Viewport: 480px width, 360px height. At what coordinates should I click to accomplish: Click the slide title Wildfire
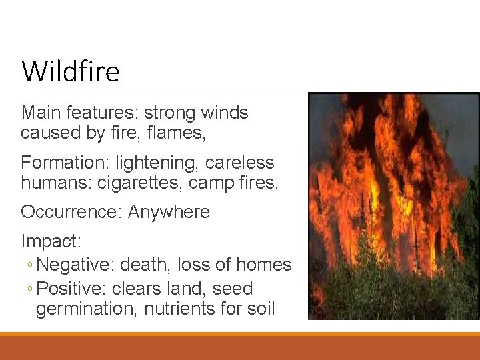coord(70,71)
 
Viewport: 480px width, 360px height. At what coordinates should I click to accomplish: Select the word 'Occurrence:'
coord(71,213)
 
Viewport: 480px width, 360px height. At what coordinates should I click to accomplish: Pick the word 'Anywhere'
coord(169,213)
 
